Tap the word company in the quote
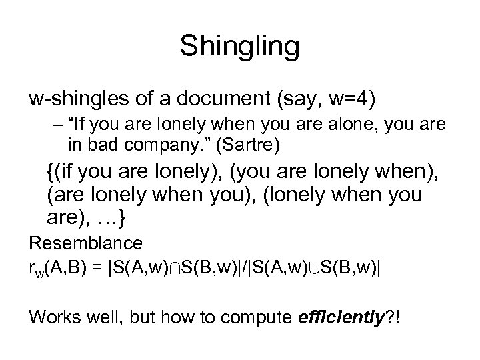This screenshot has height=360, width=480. pyautogui.click(x=151, y=143)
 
